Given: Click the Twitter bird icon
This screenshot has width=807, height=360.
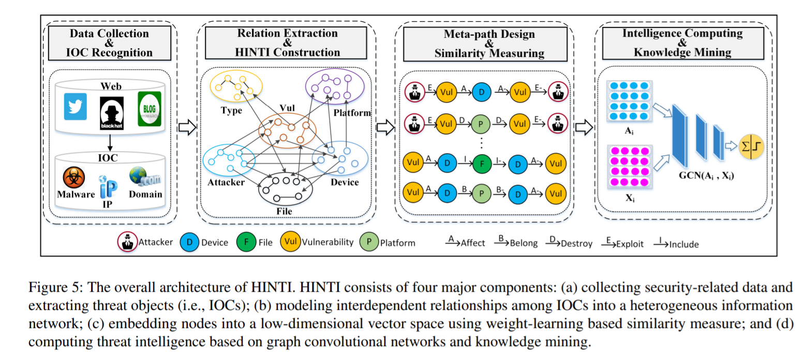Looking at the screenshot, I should [76, 107].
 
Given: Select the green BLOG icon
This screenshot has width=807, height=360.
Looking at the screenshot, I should [150, 108].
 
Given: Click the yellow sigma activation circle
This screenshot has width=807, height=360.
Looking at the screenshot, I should [751, 147].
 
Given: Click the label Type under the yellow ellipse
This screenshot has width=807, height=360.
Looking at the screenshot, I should [231, 110].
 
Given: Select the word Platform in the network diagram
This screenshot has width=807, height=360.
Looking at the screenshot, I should [352, 113].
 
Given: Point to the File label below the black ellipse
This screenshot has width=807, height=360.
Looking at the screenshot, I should [285, 211].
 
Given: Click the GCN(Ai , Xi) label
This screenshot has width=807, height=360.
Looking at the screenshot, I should [706, 176].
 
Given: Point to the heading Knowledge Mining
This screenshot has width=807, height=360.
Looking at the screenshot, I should [683, 52].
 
